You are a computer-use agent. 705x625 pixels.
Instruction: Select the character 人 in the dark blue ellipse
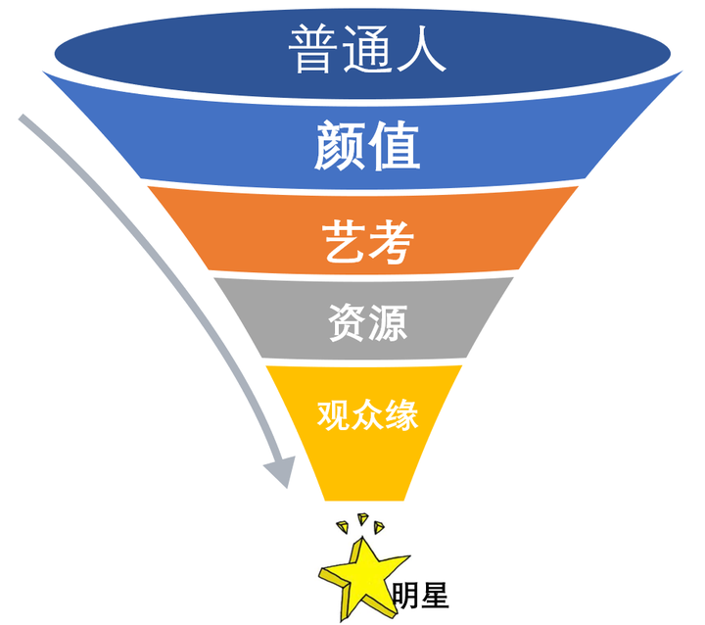pos(421,49)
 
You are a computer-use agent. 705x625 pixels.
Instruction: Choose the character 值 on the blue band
pos(395,146)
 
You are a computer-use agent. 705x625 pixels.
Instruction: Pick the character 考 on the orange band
pos(387,241)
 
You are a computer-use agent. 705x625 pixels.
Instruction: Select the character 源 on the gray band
pos(387,322)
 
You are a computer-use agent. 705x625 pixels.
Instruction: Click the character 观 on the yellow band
pos(333,414)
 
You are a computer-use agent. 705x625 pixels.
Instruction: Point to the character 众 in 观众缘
pos(367,414)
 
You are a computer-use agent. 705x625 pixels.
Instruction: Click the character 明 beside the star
pos(404,597)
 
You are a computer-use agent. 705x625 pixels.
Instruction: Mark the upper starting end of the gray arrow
pos(24,120)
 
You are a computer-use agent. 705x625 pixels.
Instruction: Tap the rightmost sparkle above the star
pos(381,529)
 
